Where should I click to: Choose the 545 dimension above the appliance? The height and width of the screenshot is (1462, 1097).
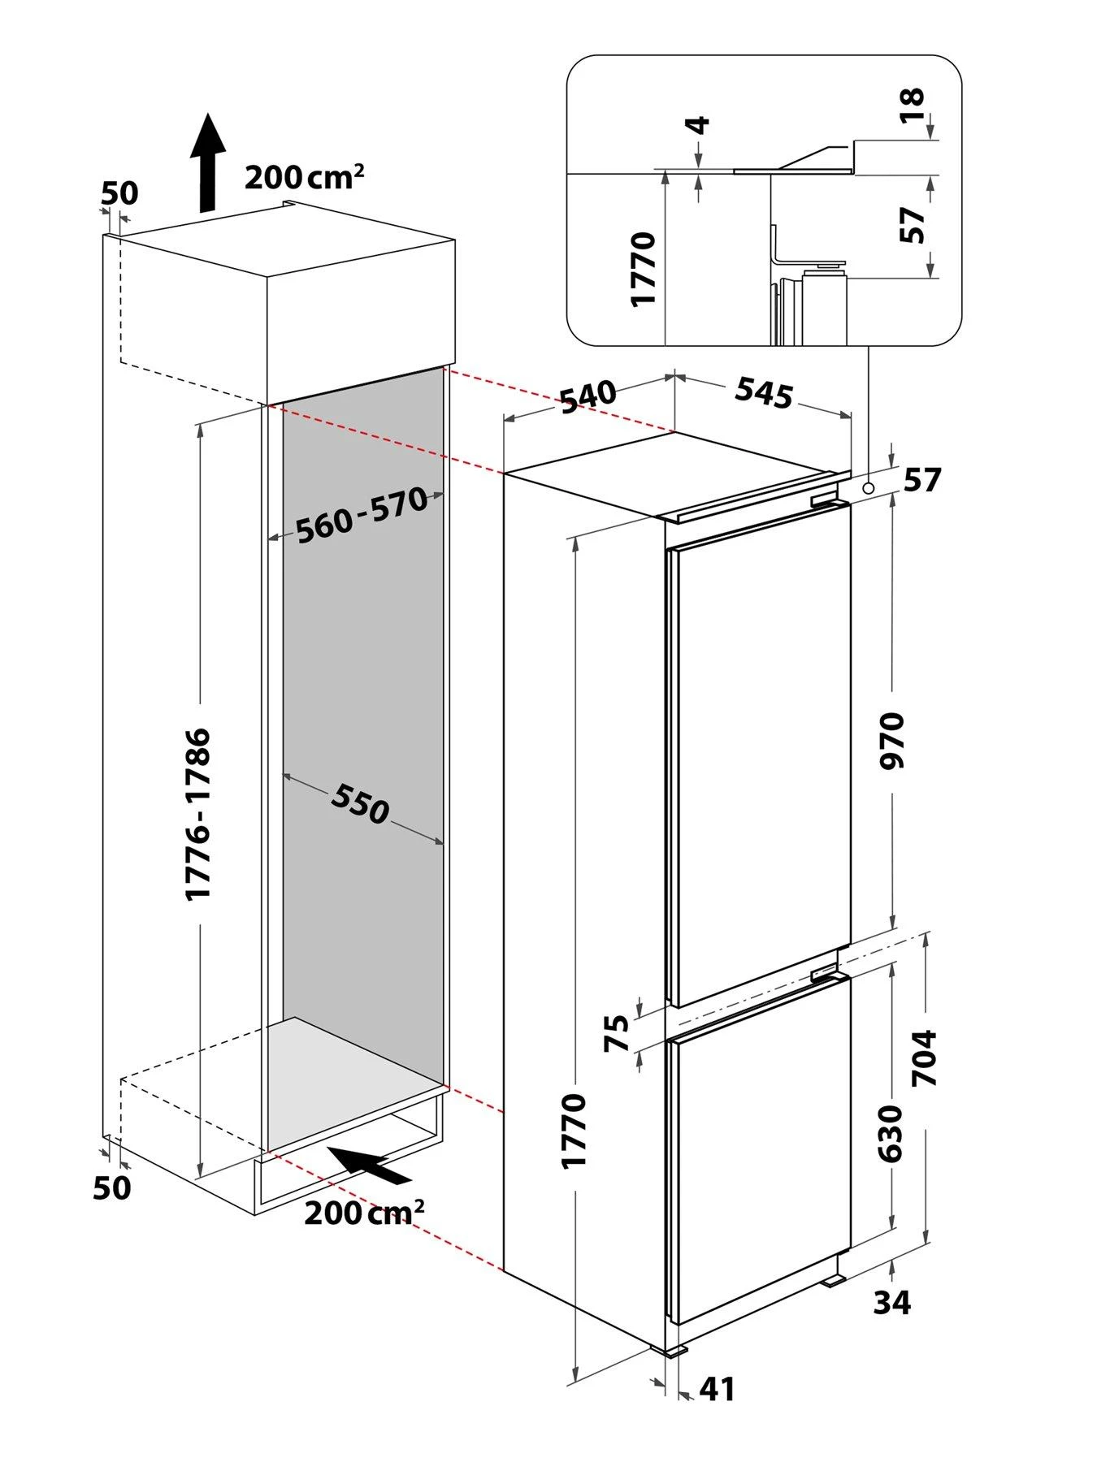(x=764, y=395)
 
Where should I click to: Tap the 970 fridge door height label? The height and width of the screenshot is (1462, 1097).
(x=892, y=741)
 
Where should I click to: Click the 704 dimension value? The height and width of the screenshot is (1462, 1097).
(x=925, y=1058)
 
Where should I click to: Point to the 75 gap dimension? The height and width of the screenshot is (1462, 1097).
(x=618, y=1033)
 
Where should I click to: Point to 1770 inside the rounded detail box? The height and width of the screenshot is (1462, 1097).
(x=644, y=268)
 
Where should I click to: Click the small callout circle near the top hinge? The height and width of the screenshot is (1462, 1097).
(x=869, y=488)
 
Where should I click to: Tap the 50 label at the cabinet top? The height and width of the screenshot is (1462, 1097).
(x=119, y=193)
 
